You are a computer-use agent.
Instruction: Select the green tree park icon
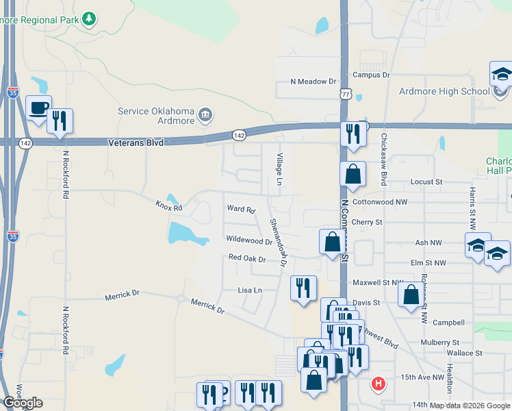(x=88, y=18)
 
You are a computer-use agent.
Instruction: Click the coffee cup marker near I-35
(x=38, y=108)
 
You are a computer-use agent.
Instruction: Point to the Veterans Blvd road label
(x=136, y=142)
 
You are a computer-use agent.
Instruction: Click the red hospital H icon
(x=377, y=384)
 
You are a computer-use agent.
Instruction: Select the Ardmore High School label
(x=444, y=91)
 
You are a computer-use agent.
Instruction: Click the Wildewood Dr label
(x=249, y=240)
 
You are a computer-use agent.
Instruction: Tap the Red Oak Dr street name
(x=246, y=258)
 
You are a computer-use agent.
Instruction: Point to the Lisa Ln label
(x=249, y=290)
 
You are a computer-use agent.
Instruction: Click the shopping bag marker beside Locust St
(x=353, y=175)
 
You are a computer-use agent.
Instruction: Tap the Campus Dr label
(x=371, y=75)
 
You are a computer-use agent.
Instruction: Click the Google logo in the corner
(x=23, y=403)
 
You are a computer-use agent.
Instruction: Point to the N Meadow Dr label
(x=313, y=82)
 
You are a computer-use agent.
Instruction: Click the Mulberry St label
(x=439, y=342)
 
